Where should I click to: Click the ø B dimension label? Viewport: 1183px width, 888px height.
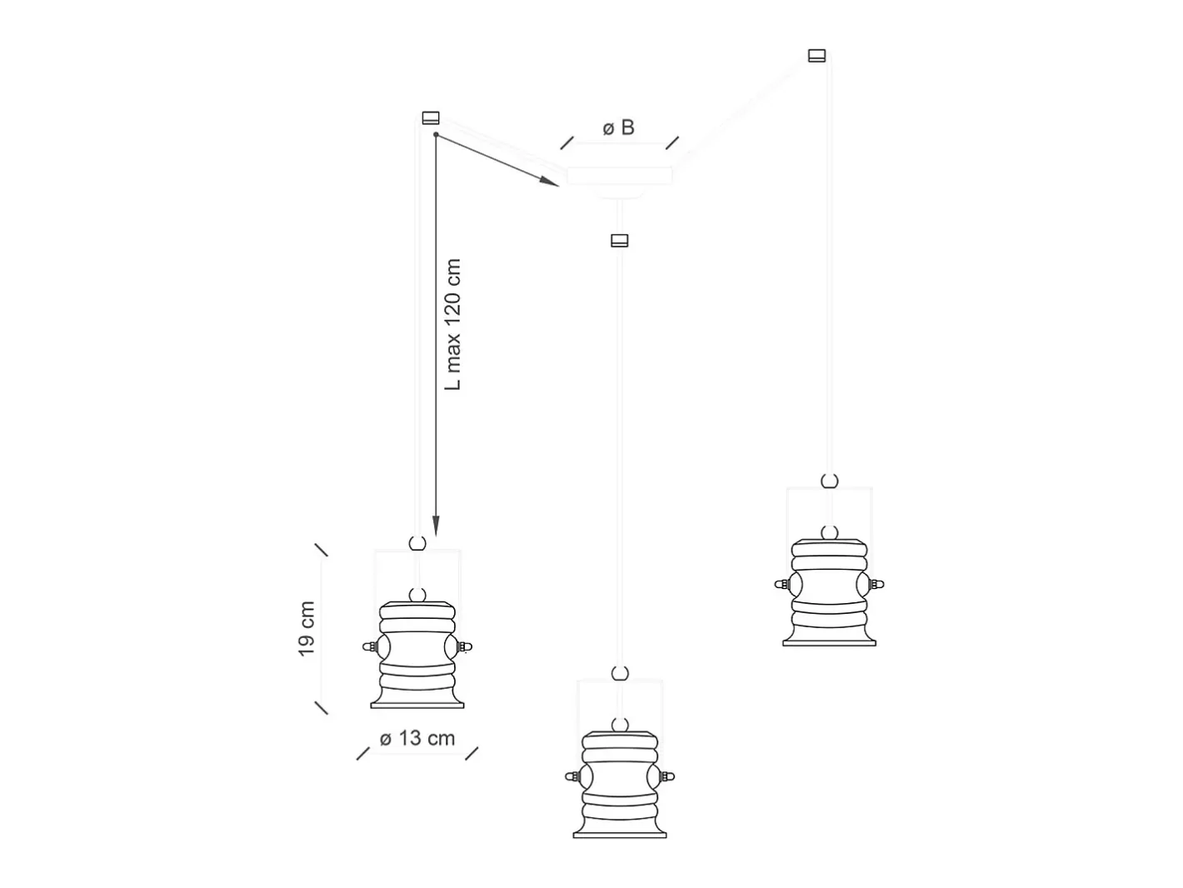pos(618,127)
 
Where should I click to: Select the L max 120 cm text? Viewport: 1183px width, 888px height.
pos(452,324)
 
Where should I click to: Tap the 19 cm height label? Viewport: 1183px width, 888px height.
pos(306,629)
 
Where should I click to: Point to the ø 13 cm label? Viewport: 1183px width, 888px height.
pos(417,738)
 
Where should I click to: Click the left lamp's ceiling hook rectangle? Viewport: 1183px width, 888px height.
pos(430,118)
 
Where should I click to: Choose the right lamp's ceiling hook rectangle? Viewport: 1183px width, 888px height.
pos(816,56)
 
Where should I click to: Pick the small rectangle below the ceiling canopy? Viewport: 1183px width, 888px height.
pos(619,240)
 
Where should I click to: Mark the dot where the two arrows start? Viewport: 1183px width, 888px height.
pos(436,135)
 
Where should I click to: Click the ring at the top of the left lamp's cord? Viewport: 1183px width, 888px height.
pos(417,543)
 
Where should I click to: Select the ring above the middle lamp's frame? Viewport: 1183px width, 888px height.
pos(620,674)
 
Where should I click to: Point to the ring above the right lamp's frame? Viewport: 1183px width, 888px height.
pos(830,481)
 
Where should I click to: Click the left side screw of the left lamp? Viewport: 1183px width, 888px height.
pos(370,646)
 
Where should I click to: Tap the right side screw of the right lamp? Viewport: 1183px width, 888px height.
pos(876,584)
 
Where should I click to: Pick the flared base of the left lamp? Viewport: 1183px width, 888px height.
pos(417,698)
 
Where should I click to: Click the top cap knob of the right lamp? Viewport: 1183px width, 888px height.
pos(830,533)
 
